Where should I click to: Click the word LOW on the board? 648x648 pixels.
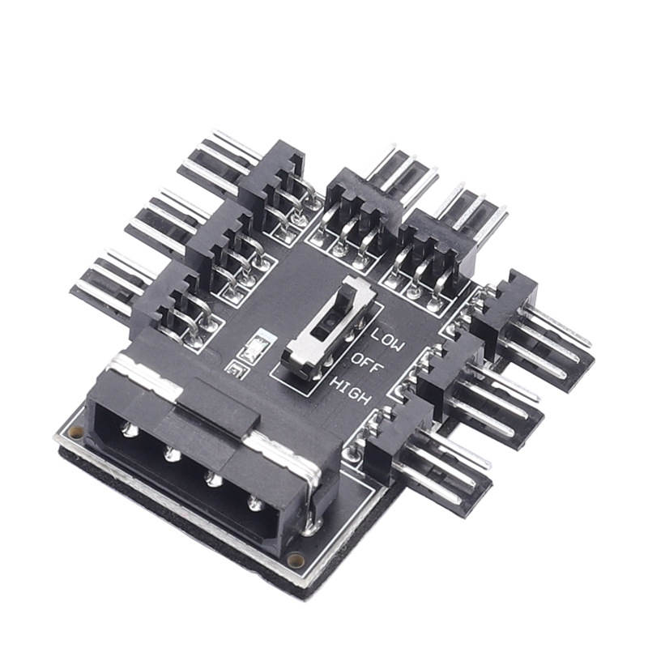(387, 339)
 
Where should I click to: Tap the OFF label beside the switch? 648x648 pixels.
(364, 364)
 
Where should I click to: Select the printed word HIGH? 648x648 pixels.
(351, 390)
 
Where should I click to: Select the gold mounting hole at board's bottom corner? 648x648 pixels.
(295, 561)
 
